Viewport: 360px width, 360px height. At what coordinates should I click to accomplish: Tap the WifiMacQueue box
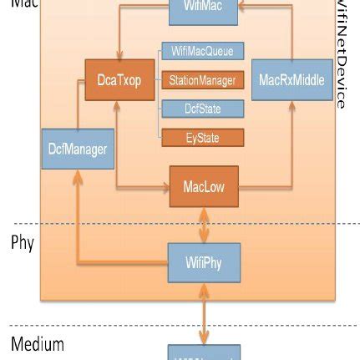tap(202, 52)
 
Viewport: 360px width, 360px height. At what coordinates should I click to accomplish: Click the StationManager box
tap(202, 81)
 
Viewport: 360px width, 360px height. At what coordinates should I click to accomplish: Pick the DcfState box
tap(202, 109)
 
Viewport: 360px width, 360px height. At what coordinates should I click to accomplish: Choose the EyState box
tap(202, 138)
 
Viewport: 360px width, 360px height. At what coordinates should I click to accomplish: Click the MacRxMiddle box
tap(292, 80)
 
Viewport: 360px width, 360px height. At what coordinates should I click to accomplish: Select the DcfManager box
tap(78, 150)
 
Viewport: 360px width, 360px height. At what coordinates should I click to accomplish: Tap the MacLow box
tap(204, 187)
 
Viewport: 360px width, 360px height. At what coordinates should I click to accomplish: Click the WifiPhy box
tap(204, 261)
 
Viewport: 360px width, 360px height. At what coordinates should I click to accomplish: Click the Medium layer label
tap(37, 344)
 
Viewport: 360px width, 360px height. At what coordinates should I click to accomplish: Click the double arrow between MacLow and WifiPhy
tap(204, 224)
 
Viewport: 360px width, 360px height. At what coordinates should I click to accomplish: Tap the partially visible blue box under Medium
tap(204, 352)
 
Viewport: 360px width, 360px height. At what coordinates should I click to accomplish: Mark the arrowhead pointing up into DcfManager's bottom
tap(78, 174)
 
